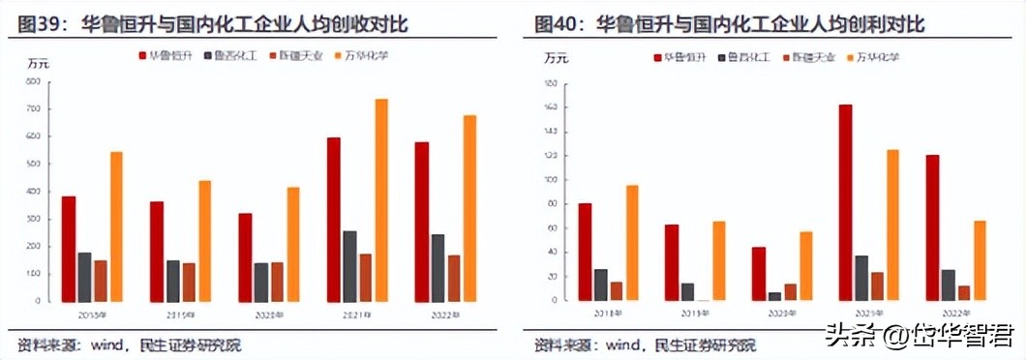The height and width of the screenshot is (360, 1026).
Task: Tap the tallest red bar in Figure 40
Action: (845, 202)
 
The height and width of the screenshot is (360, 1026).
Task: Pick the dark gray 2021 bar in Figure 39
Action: (349, 266)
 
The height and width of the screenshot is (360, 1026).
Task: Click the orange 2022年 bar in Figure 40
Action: (981, 260)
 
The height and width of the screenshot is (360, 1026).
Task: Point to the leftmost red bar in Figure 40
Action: (585, 252)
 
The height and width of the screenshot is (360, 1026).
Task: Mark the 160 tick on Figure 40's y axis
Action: (549, 107)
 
